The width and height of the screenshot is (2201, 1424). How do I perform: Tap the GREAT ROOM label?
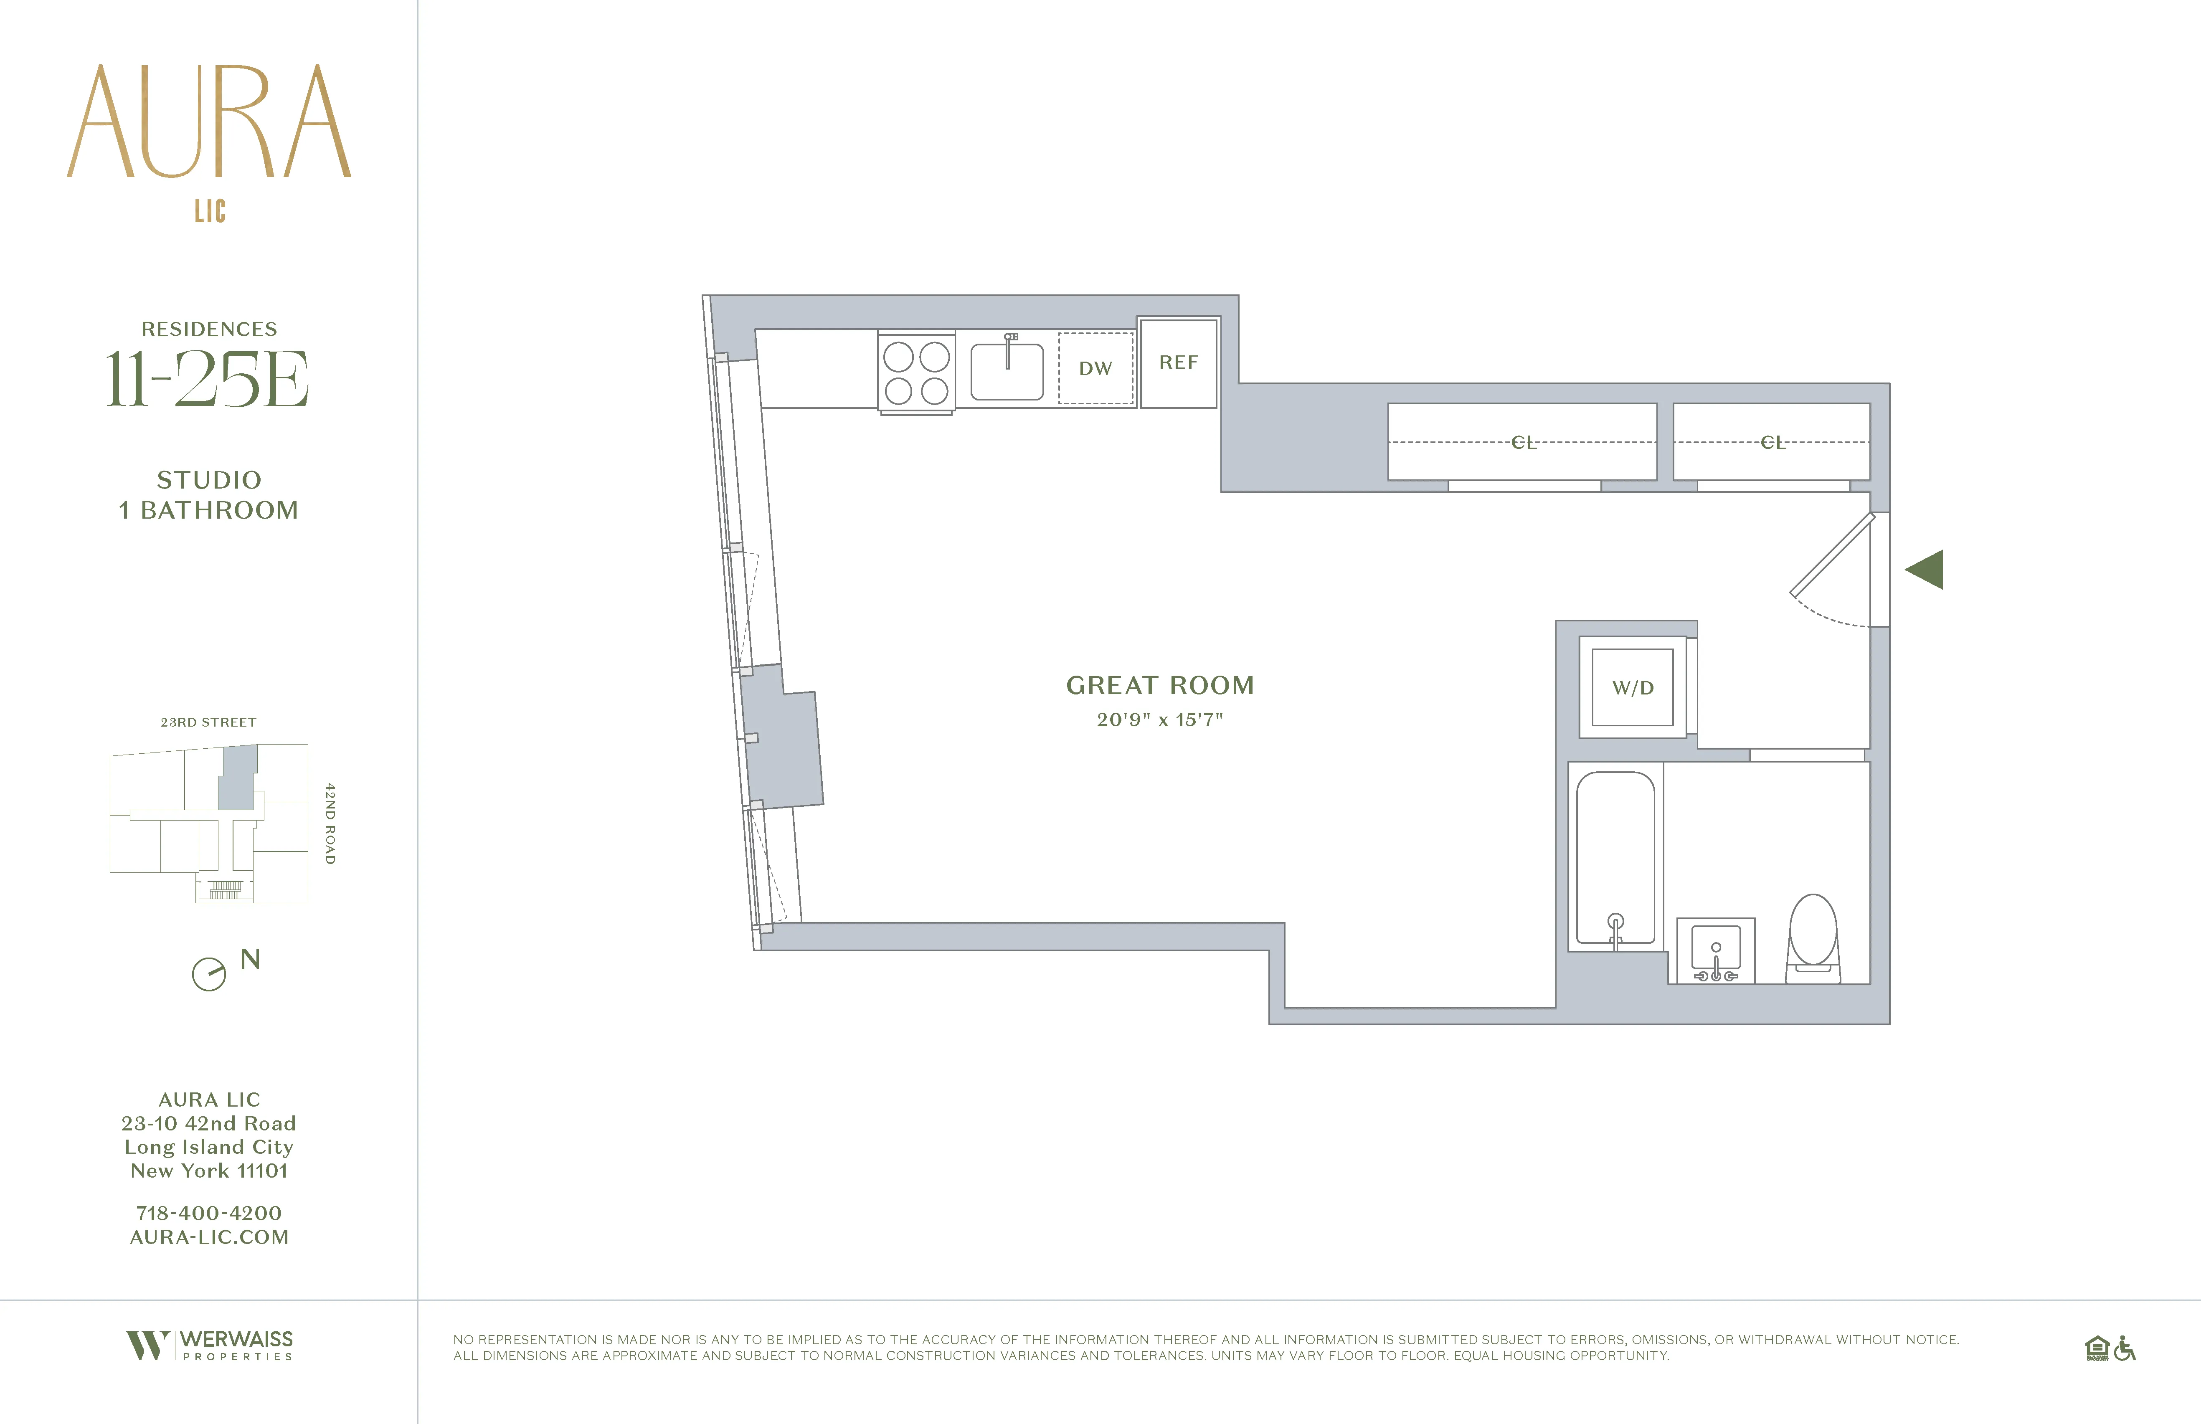click(1160, 685)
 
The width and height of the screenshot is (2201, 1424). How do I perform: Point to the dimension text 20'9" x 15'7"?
click(1160, 720)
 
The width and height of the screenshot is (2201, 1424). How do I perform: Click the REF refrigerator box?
click(1178, 362)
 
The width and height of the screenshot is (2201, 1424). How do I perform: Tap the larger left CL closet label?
click(1523, 443)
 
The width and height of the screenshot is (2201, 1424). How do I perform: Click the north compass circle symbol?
click(209, 974)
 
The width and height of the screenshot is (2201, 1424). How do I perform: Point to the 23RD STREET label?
click(208, 722)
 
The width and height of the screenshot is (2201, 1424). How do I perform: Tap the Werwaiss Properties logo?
click(210, 1345)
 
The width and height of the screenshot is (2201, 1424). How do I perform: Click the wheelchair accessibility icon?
click(2124, 1349)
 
